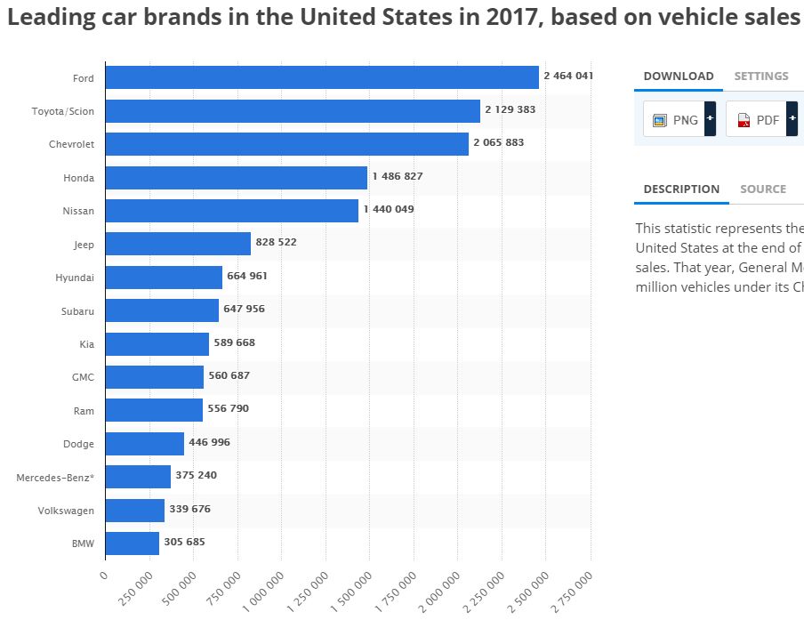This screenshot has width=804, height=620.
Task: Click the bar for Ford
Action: [x=322, y=77]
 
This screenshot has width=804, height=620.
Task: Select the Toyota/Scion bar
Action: [x=293, y=111]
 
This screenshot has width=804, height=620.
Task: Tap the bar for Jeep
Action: [x=178, y=244]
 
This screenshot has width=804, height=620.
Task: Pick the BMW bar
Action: [x=132, y=543]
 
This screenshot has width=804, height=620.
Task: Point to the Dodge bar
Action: [x=144, y=443]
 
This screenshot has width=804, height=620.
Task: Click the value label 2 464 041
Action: [x=568, y=76]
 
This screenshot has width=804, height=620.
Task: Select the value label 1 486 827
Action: [x=398, y=176]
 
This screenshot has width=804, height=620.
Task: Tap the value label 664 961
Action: [x=247, y=276]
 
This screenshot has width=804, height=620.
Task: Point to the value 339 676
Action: [x=189, y=510]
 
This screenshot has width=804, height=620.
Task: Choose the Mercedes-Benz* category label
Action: [x=55, y=478]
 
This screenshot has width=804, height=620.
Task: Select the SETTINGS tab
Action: [x=760, y=76]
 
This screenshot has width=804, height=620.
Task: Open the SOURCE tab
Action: [x=762, y=189]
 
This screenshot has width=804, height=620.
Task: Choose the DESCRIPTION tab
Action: [x=681, y=189]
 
